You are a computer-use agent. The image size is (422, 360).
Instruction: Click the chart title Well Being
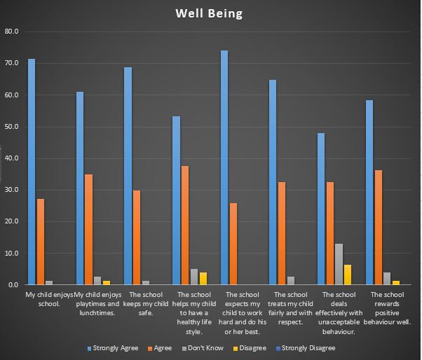click(x=210, y=13)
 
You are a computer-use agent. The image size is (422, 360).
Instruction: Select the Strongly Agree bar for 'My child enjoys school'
click(x=32, y=172)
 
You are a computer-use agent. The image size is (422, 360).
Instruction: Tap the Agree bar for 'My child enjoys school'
click(x=41, y=242)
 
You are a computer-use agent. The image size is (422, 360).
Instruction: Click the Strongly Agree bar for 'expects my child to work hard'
click(x=224, y=167)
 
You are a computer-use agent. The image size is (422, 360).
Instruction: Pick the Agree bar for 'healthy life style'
click(x=185, y=225)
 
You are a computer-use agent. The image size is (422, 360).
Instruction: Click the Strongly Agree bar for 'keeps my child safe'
click(x=128, y=176)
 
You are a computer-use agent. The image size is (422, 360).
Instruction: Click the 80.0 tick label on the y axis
click(x=11, y=32)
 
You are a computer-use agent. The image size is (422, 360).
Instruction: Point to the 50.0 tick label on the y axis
click(x=11, y=127)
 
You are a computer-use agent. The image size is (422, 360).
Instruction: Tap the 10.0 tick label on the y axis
click(x=11, y=253)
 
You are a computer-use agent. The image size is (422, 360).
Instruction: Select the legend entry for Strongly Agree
click(x=115, y=348)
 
